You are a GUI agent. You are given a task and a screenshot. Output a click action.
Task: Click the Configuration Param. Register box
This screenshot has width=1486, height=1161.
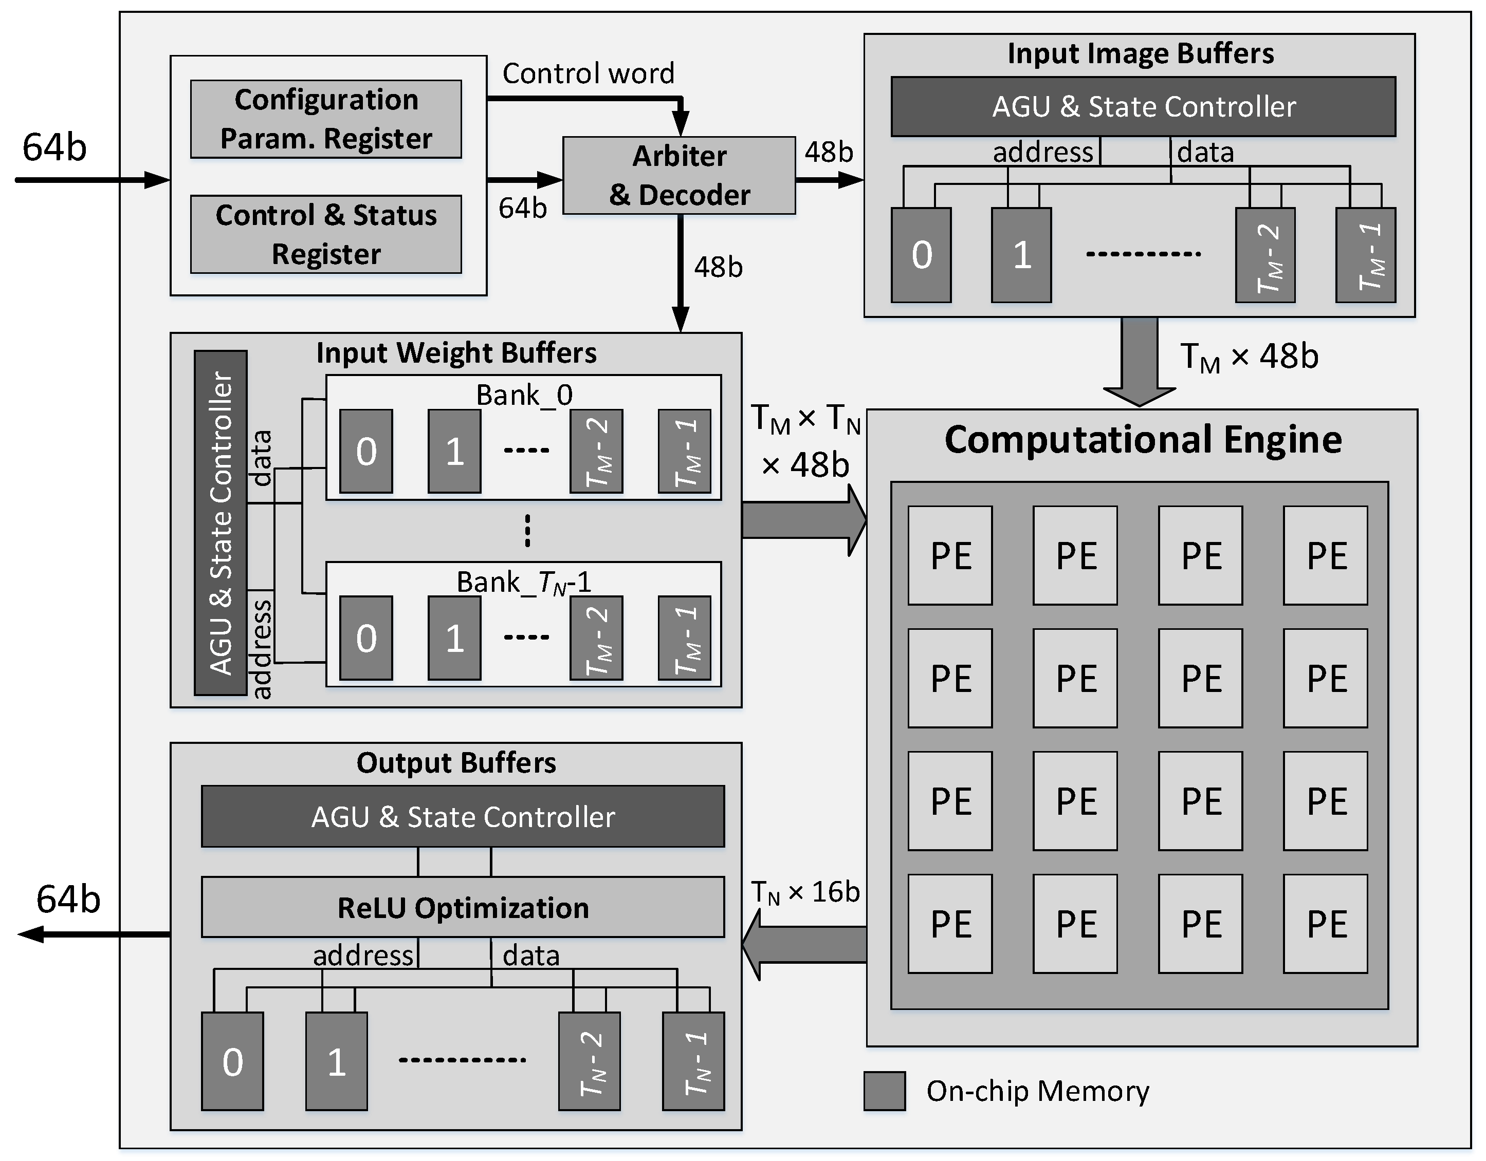pyautogui.click(x=326, y=119)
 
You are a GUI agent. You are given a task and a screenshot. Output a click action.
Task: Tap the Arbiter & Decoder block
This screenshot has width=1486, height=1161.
pyautogui.click(x=679, y=176)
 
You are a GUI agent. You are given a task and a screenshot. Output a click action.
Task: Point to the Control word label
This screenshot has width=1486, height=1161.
pyautogui.click(x=588, y=73)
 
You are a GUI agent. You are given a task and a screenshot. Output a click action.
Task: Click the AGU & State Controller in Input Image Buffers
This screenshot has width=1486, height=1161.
pyautogui.click(x=1143, y=107)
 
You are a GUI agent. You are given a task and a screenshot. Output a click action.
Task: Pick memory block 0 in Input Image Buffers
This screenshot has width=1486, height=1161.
pyautogui.click(x=921, y=255)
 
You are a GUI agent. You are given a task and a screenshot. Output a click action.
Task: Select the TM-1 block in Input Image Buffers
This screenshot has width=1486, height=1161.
pyautogui.click(x=1366, y=255)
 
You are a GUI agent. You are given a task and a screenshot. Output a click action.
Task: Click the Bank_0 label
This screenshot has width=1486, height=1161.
pyautogui.click(x=524, y=395)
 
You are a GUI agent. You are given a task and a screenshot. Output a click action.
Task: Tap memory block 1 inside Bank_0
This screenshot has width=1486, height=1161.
pyautogui.click(x=454, y=451)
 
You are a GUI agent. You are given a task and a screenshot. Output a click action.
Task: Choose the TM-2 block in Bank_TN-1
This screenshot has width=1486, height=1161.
pyautogui.click(x=596, y=638)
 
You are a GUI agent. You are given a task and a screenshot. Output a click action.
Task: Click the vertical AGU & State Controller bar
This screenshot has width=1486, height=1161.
pyautogui.click(x=221, y=522)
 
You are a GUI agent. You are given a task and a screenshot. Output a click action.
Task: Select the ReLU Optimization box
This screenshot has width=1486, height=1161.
pyautogui.click(x=463, y=907)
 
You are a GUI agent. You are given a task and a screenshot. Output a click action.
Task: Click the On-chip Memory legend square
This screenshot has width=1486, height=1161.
pyautogui.click(x=884, y=1091)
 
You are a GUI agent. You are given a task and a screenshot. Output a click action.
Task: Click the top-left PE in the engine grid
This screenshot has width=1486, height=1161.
pyautogui.click(x=950, y=556)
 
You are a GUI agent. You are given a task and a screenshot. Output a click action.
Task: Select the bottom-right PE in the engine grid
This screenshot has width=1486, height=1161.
pyautogui.click(x=1326, y=924)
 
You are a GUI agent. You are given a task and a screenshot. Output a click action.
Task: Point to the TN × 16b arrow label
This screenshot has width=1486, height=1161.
pyautogui.click(x=805, y=892)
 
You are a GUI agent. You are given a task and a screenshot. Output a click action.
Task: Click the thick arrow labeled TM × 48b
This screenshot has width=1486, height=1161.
pyautogui.click(x=1140, y=361)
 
